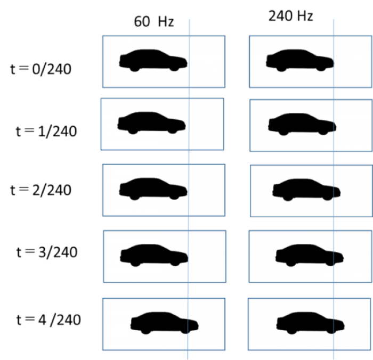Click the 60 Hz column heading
pyautogui.click(x=154, y=21)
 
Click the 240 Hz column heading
pyautogui.click(x=291, y=16)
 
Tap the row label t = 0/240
pyautogui.click(x=40, y=69)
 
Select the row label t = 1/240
pyautogui.click(x=46, y=131)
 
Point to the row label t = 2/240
pyautogui.click(x=40, y=190)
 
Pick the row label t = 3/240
pyautogui.click(x=47, y=252)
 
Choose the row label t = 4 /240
pyautogui.click(x=48, y=320)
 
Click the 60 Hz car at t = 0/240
pyautogui.click(x=153, y=60)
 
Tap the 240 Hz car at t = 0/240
pyautogui.click(x=300, y=60)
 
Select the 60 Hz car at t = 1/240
pyautogui.click(x=151, y=123)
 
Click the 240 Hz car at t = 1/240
pyautogui.click(x=302, y=124)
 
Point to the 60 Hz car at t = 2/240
pyautogui.click(x=153, y=189)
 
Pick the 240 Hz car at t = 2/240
pyautogui.click(x=306, y=190)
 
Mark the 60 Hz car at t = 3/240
pyautogui.click(x=154, y=255)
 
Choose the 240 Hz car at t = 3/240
pyautogui.click(x=310, y=255)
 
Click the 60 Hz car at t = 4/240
pyautogui.click(x=165, y=323)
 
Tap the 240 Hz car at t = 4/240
pyautogui.click(x=311, y=323)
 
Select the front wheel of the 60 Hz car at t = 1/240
pyautogui.click(x=173, y=130)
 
